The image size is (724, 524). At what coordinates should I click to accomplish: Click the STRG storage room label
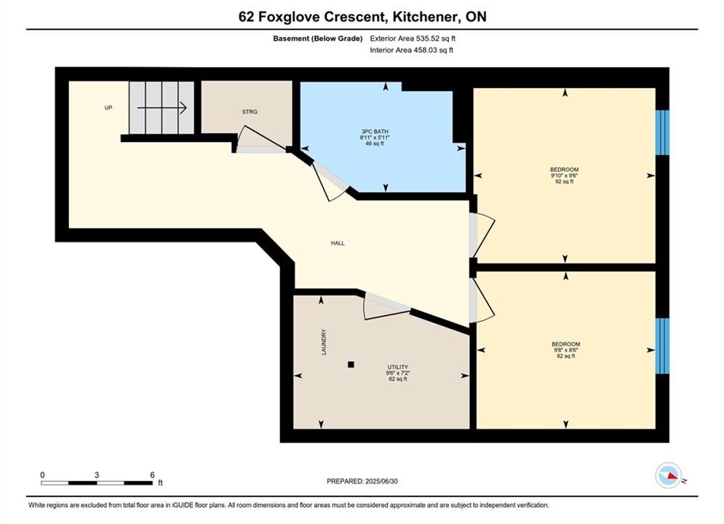[250, 112]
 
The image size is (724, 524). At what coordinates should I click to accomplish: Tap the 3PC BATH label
[375, 132]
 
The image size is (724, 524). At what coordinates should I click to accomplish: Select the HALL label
[338, 243]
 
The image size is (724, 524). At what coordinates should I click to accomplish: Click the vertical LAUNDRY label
[324, 341]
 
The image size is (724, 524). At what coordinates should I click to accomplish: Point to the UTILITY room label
[397, 367]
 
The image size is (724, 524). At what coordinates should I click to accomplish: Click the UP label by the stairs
[108, 108]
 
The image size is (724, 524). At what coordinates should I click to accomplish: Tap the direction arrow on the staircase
[162, 108]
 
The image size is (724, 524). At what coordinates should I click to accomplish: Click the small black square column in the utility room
[351, 365]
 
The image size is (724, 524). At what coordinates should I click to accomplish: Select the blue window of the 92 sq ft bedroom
[662, 132]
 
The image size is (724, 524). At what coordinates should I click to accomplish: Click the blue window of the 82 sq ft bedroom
[662, 346]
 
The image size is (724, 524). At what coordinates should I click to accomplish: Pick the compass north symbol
[668, 475]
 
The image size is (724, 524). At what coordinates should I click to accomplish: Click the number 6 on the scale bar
[152, 475]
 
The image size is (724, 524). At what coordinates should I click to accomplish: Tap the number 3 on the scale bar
[97, 475]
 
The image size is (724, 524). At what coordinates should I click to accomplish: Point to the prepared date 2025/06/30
[381, 481]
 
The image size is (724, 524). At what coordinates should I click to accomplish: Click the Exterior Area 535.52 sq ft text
[413, 39]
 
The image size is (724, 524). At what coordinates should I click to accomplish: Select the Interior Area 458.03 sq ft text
[411, 50]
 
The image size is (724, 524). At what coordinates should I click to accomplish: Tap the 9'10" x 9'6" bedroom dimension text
[564, 175]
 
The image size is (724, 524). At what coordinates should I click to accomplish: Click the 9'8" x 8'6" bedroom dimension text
[565, 350]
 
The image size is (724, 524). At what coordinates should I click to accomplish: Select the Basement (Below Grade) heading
[318, 39]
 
